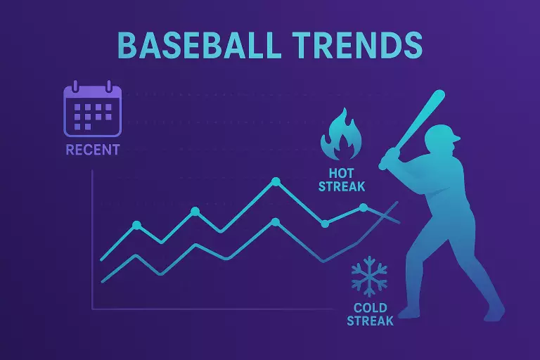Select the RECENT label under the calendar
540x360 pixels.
92,150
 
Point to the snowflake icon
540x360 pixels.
369,275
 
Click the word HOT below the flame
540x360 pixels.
342,173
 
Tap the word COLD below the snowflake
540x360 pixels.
371,308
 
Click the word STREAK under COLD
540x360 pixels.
371,321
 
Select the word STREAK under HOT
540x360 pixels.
342,186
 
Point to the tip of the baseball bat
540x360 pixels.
440,94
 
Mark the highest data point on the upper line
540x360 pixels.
276,182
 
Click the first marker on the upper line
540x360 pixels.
136,225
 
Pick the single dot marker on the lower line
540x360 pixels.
276,222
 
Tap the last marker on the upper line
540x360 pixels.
364,207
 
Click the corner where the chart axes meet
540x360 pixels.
93,309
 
